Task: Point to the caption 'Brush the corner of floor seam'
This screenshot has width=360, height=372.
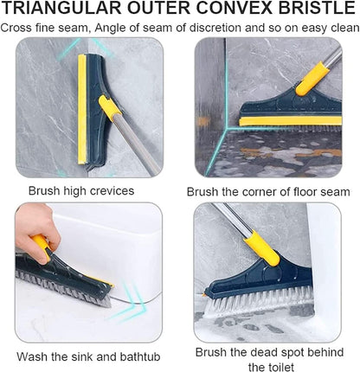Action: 268,191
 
